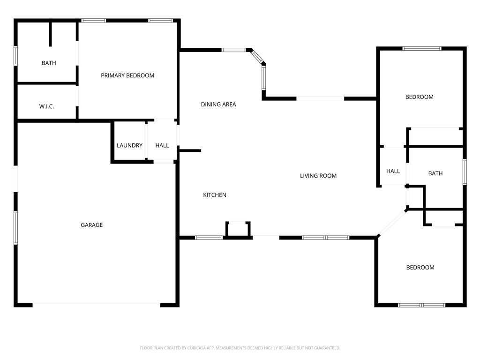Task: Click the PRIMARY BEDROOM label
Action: [x=127, y=75]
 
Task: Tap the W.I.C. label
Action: [x=46, y=107]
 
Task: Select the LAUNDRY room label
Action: [x=129, y=146]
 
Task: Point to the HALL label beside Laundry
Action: [x=162, y=146]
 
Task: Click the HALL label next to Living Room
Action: [x=393, y=171]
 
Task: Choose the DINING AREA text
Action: [x=218, y=105]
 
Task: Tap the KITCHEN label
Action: [x=215, y=195]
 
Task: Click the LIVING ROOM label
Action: [x=318, y=176]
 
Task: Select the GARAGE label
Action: [x=91, y=225]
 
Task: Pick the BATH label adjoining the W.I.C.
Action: [x=49, y=63]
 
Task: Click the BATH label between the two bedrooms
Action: [x=435, y=173]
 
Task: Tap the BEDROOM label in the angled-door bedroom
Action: [x=420, y=268]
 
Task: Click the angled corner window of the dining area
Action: [x=257, y=57]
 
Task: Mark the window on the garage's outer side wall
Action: [x=15, y=227]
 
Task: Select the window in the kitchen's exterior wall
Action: [x=209, y=238]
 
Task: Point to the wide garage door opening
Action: [x=96, y=305]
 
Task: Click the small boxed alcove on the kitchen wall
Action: [x=238, y=229]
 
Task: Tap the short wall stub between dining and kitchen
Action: [x=190, y=150]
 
